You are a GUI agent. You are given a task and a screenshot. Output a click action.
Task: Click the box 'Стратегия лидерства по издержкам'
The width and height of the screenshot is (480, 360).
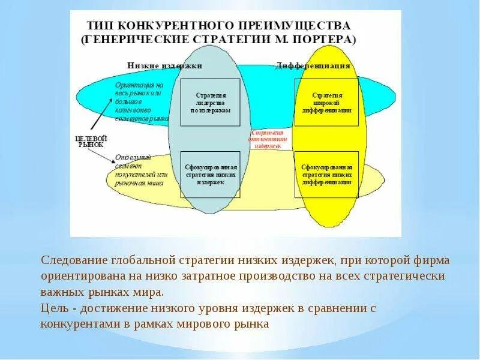[x=210, y=102]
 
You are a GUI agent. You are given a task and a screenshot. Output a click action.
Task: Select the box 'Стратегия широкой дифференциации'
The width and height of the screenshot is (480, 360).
[x=326, y=102]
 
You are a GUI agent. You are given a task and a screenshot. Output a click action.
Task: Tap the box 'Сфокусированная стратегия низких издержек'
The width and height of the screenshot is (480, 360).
[x=210, y=174]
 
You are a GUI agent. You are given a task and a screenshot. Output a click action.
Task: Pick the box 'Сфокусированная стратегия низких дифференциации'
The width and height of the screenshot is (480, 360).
[x=326, y=174]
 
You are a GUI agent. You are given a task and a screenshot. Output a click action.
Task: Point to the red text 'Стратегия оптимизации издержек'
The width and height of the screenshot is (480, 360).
[x=267, y=137]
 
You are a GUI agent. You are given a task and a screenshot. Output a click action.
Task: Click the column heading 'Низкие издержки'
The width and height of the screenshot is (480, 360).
[x=165, y=65]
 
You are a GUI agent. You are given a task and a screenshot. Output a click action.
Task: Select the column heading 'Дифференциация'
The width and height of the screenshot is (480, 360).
[x=313, y=65]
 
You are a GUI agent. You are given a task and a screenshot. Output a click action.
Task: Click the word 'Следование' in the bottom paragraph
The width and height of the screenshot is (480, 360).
[x=73, y=261]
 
